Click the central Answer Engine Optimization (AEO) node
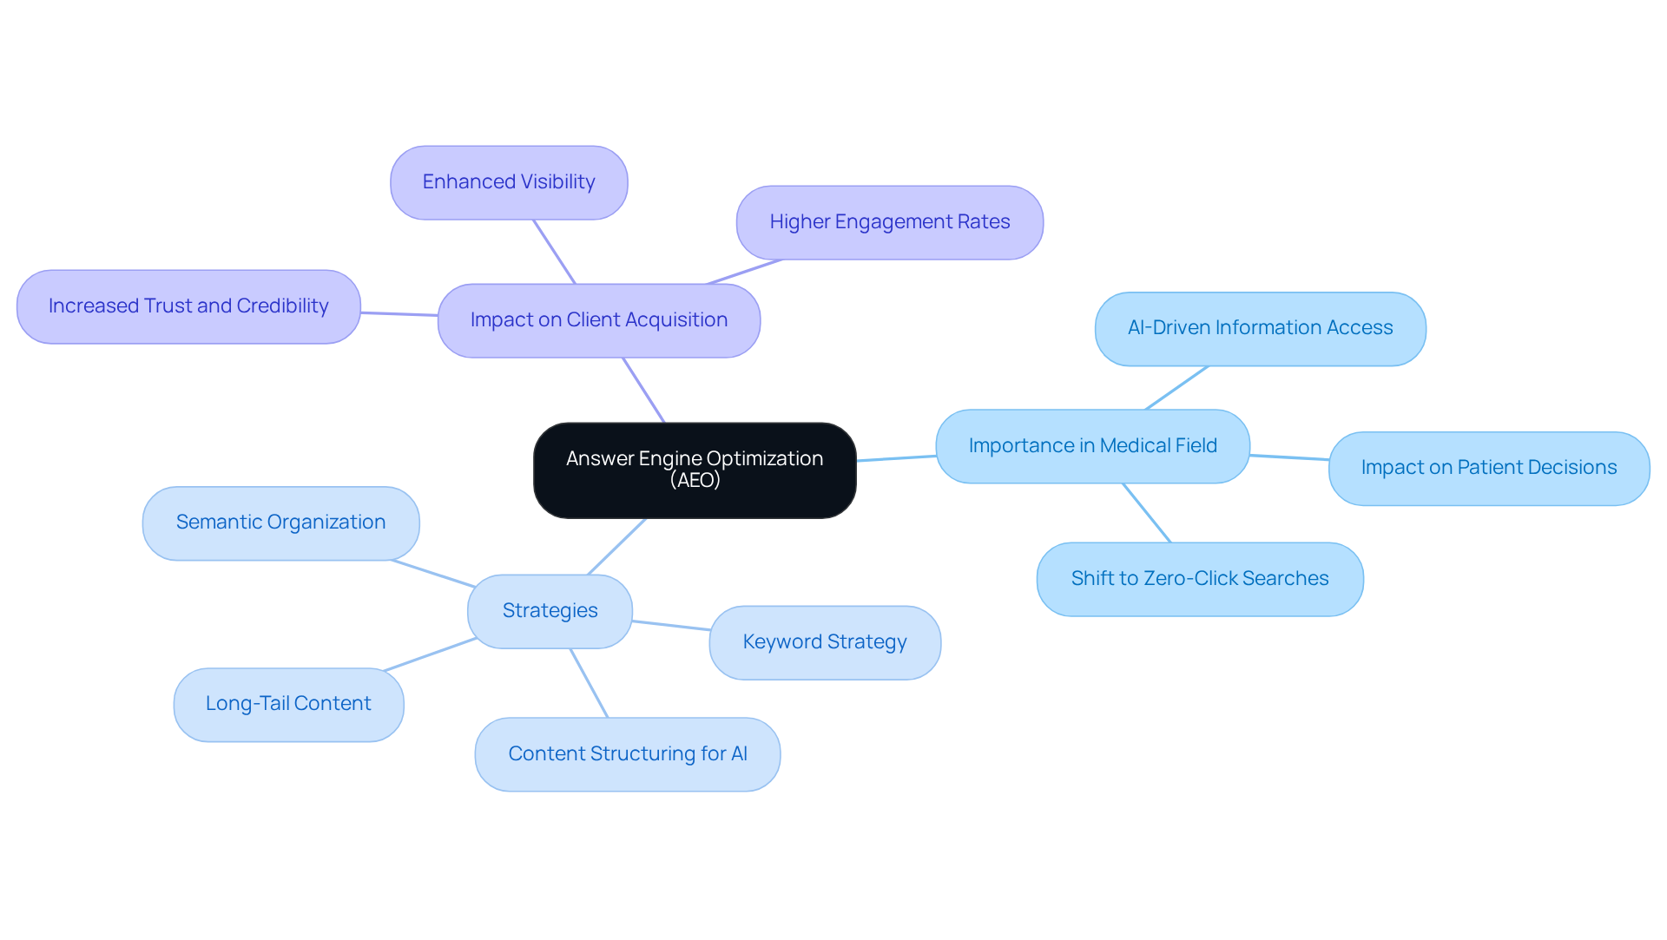coord(695,470)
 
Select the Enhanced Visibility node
coord(509,182)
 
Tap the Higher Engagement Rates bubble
coord(889,222)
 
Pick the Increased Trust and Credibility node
coord(188,306)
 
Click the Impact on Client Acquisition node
coord(599,320)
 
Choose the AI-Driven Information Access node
coord(1260,328)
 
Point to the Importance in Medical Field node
coord(1092,446)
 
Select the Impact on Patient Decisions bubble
coord(1488,468)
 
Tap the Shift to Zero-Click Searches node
coord(1199,579)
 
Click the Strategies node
coord(550,611)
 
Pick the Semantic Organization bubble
coord(280,523)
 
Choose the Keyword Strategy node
coord(824,642)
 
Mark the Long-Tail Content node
coord(288,704)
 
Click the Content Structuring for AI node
coord(627,754)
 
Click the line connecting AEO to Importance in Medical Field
coord(896,458)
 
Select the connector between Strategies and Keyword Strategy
coord(671,626)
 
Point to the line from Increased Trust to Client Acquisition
coord(399,314)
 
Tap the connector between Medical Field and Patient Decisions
coord(1289,457)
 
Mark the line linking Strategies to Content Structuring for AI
coord(589,683)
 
